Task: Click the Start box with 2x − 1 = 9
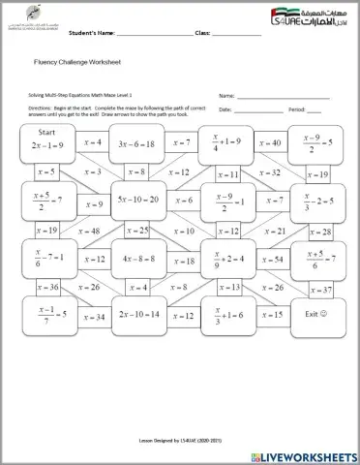(45, 141)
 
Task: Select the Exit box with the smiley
(316, 314)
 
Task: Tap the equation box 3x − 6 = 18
(135, 142)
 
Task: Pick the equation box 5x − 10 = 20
(135, 201)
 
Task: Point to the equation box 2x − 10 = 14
(135, 315)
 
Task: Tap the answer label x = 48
(89, 232)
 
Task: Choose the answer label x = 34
(93, 316)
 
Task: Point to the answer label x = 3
(92, 172)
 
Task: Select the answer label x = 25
(137, 231)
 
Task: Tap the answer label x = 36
(45, 288)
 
